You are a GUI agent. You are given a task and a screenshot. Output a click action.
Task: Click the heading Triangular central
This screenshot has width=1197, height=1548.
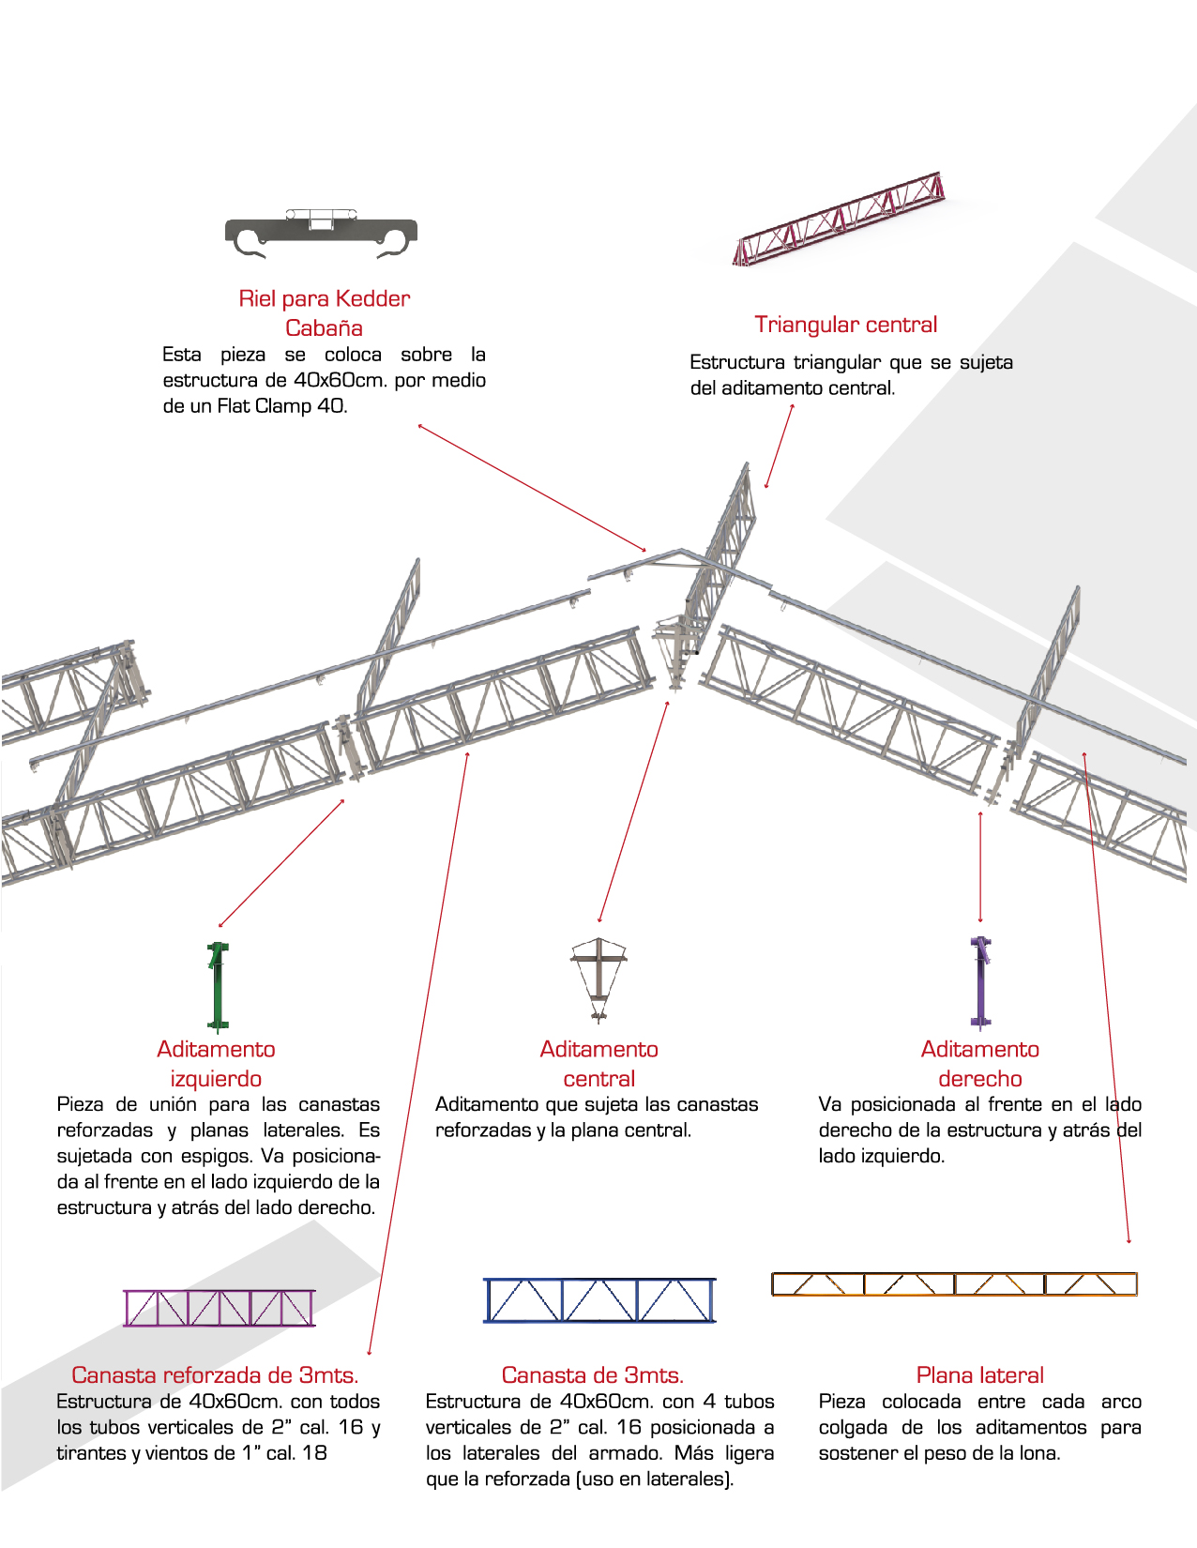click(845, 325)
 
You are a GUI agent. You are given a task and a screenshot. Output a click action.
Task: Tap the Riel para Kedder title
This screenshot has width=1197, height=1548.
click(324, 299)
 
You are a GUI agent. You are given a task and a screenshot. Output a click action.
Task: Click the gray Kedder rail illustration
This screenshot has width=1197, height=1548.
click(321, 234)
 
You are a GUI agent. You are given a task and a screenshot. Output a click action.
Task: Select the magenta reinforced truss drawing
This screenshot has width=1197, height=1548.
click(220, 1308)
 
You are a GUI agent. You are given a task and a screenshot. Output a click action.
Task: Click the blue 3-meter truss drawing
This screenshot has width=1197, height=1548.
click(599, 1300)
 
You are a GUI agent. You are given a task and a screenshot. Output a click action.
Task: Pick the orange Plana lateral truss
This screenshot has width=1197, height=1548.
click(953, 1283)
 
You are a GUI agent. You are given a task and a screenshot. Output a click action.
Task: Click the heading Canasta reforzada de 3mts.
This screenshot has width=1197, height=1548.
click(215, 1375)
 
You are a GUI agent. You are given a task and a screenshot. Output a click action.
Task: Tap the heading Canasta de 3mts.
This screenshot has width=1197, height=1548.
click(593, 1375)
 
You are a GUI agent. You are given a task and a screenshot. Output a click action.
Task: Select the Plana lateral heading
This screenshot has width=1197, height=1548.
click(979, 1375)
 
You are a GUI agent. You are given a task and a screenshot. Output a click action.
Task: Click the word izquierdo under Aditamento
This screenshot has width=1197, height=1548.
click(216, 1079)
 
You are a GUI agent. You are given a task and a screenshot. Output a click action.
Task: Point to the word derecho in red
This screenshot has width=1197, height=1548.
click(980, 1079)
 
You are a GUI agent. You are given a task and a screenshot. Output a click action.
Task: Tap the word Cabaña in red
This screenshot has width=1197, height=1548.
click(324, 328)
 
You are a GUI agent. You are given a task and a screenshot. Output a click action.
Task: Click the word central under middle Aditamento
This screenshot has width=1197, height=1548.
click(598, 1079)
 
